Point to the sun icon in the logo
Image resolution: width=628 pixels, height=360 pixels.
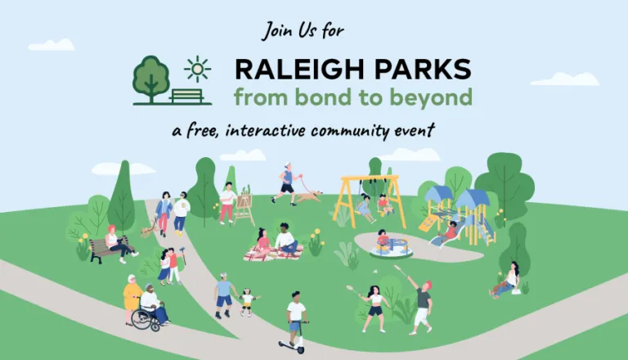click(196, 68)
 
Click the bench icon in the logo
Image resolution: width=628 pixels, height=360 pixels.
click(187, 96)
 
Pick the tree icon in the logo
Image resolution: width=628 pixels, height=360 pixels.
click(152, 78)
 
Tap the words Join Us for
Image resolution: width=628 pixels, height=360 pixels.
click(303, 31)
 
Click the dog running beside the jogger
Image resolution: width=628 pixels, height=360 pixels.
click(308, 196)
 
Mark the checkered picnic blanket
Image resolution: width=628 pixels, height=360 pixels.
click(273, 254)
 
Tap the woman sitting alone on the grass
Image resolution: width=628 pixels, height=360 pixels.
click(508, 281)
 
